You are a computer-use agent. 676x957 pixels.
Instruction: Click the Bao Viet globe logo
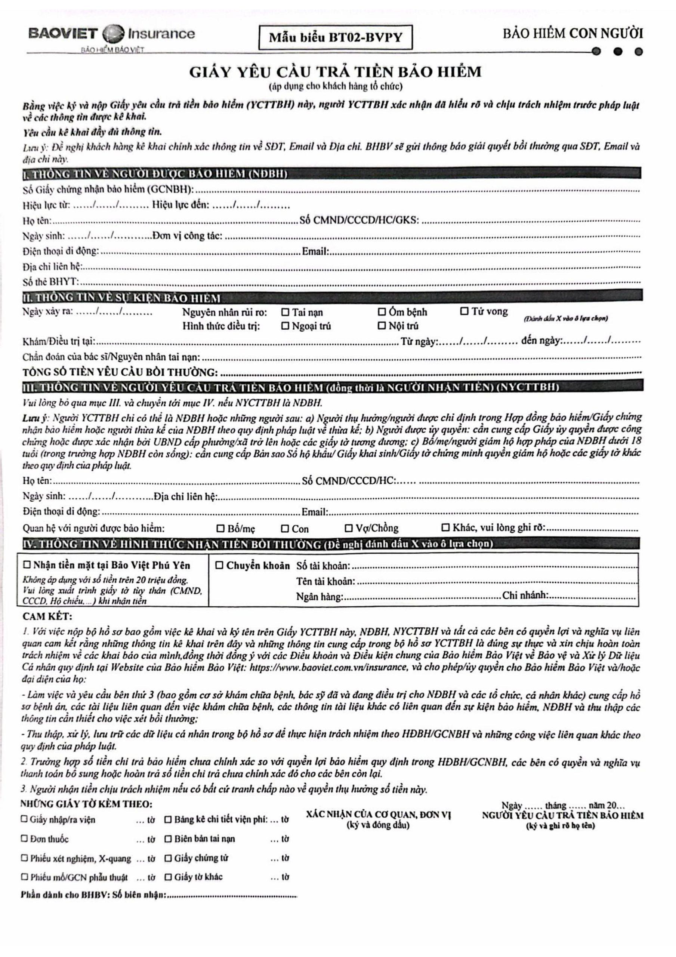click(x=113, y=34)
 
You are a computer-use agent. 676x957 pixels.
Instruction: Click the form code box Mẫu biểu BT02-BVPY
click(x=336, y=37)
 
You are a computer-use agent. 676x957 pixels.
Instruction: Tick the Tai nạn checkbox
click(x=285, y=312)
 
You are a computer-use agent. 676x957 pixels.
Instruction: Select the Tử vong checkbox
click(x=464, y=311)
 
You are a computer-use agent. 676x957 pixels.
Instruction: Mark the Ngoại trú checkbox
click(x=285, y=326)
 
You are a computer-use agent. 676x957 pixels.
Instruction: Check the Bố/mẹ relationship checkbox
click(x=220, y=529)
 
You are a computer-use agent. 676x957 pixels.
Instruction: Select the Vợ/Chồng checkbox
click(x=348, y=528)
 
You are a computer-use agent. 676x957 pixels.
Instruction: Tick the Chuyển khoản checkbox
click(x=220, y=566)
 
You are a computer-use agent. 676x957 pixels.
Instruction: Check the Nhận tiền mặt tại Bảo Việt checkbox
click(x=27, y=565)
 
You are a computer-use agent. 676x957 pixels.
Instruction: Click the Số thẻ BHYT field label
click(x=50, y=282)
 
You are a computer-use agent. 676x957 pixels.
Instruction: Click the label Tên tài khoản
click(x=325, y=581)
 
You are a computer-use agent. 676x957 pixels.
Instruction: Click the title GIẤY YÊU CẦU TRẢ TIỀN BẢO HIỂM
click(x=336, y=72)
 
